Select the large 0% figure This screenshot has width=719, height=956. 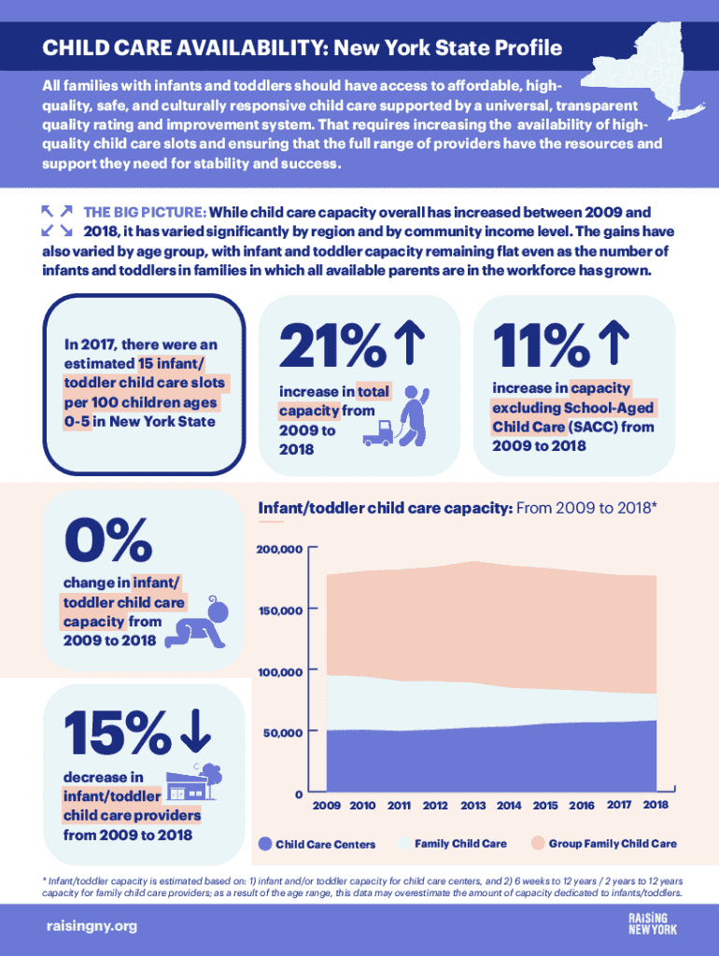pyautogui.click(x=108, y=541)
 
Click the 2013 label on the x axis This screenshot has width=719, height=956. pyautogui.click(x=472, y=805)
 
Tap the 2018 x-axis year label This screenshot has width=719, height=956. pyautogui.click(x=656, y=804)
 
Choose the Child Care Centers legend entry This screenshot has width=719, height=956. pyautogui.click(x=317, y=844)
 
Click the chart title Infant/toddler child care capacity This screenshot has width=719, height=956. pyautogui.click(x=384, y=509)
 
